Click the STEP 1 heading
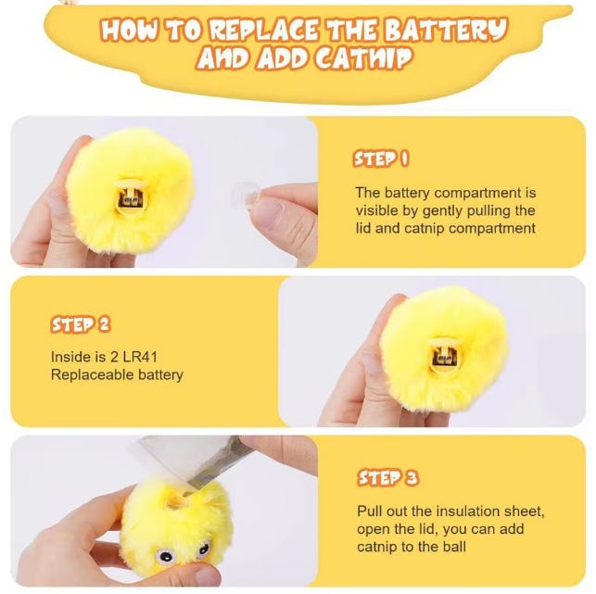pyautogui.click(x=381, y=158)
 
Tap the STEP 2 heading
pyautogui.click(x=81, y=325)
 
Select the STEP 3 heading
pyautogui.click(x=387, y=478)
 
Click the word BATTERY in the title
pyautogui.click(x=446, y=30)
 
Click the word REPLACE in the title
pyautogui.click(x=264, y=30)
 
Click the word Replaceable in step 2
pyautogui.click(x=92, y=374)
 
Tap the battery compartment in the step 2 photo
pyautogui.click(x=443, y=357)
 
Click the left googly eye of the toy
pyautogui.click(x=167, y=557)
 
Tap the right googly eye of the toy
pyautogui.click(x=204, y=549)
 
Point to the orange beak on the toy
pyautogui.click(x=175, y=499)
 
